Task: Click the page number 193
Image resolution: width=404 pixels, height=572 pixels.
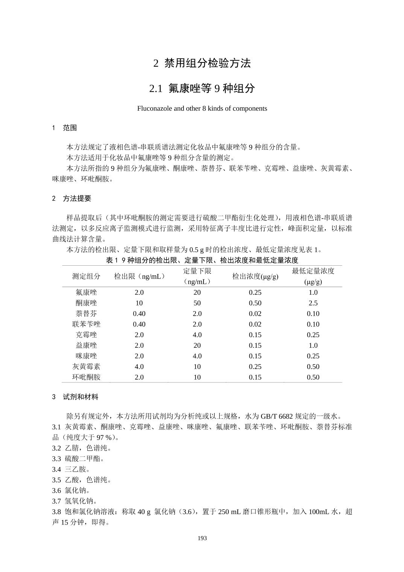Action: click(x=202, y=538)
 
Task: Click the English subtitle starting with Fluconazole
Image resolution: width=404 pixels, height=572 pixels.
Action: click(x=202, y=108)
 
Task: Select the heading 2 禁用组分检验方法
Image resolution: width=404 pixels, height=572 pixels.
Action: click(x=202, y=63)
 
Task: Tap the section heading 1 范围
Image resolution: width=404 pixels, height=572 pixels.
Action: click(x=65, y=128)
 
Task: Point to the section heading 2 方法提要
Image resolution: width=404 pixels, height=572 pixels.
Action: click(x=72, y=198)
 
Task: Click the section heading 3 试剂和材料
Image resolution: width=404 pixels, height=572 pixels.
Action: click(x=75, y=397)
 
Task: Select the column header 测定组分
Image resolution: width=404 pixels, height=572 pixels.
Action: click(x=86, y=276)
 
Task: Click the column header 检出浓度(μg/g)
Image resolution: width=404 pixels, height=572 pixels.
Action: click(x=255, y=276)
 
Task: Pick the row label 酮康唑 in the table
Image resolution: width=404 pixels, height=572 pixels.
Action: click(x=86, y=303)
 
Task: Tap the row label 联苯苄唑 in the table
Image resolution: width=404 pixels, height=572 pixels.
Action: click(x=86, y=324)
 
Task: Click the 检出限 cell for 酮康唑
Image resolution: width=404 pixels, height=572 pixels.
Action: click(x=139, y=303)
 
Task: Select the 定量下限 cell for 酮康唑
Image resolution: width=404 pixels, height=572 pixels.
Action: click(x=197, y=303)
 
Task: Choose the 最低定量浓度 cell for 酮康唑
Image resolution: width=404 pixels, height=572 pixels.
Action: click(x=313, y=303)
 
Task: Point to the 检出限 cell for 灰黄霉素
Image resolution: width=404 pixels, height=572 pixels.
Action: click(x=139, y=367)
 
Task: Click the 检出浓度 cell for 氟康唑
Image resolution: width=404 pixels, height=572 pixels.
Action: click(x=255, y=292)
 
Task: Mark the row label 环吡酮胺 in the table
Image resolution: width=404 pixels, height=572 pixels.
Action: click(x=86, y=377)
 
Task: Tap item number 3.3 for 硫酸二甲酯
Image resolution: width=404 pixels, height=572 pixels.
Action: click(x=56, y=459)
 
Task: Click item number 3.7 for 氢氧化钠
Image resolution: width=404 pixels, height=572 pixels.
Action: click(x=56, y=501)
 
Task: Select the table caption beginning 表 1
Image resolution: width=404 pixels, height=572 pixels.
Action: click(x=202, y=260)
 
